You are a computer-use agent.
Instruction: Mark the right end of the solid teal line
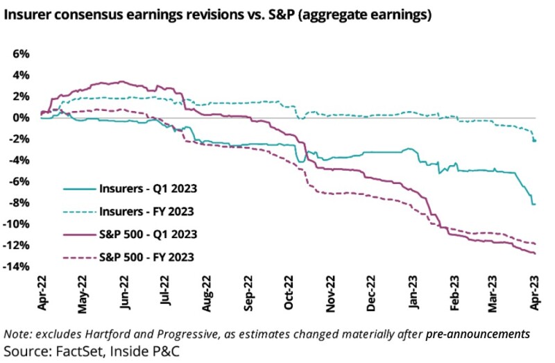tap(536, 204)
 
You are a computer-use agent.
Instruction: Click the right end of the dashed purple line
tap(536, 244)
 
